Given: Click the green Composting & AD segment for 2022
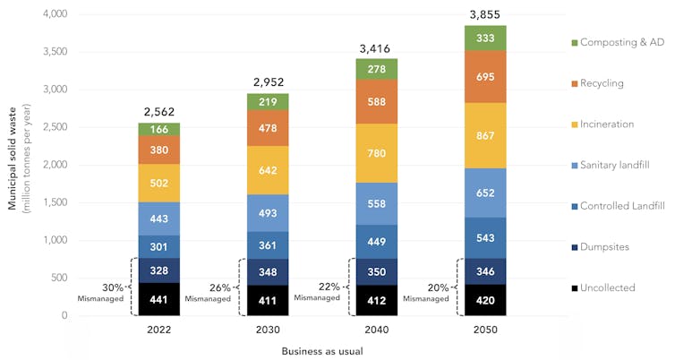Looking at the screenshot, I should tap(158, 130).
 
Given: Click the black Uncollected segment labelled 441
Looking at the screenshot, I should tap(158, 299).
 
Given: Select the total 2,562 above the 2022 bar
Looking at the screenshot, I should tap(158, 112).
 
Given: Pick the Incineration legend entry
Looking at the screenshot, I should tap(607, 124).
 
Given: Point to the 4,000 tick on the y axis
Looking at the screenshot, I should tap(55, 14).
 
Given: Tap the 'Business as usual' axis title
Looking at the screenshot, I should tap(321, 350).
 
